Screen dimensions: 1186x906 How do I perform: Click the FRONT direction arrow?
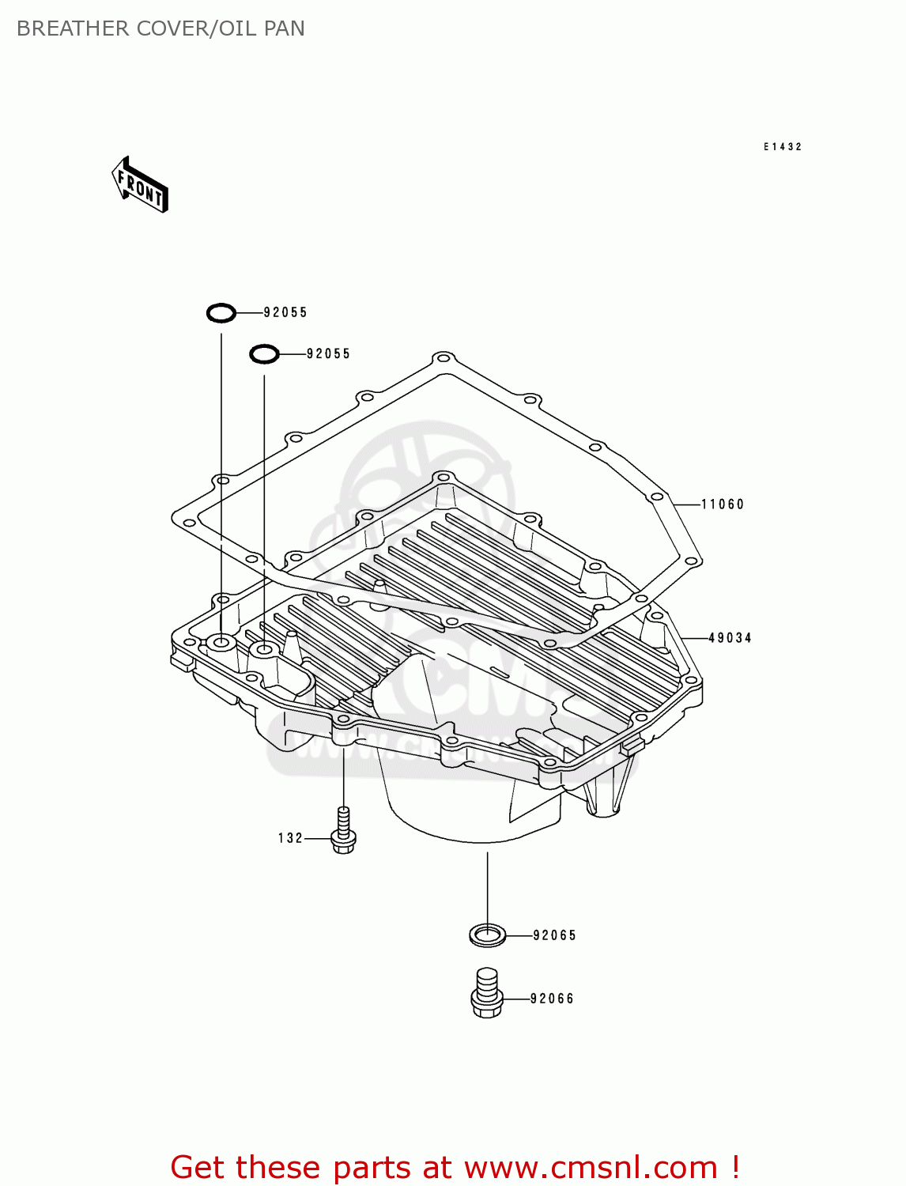[140, 185]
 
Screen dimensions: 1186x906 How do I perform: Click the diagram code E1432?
[783, 147]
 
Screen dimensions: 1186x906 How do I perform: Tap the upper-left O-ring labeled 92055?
[221, 313]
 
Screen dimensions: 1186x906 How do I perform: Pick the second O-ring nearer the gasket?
[264, 354]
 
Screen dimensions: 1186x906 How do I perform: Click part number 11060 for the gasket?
[723, 504]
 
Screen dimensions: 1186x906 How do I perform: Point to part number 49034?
[730, 638]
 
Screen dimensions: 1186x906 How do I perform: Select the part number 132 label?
[290, 838]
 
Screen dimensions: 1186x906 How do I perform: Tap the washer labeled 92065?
[487, 935]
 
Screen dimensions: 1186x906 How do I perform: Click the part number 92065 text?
[554, 935]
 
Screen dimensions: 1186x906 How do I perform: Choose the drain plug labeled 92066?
[487, 993]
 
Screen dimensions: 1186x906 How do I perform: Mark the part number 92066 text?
[552, 999]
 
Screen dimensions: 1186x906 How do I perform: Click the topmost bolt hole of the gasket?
[444, 358]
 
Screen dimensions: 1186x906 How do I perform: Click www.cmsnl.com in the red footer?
[591, 1168]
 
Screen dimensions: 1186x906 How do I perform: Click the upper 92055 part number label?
[285, 313]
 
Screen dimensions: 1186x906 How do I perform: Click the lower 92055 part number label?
[328, 354]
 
